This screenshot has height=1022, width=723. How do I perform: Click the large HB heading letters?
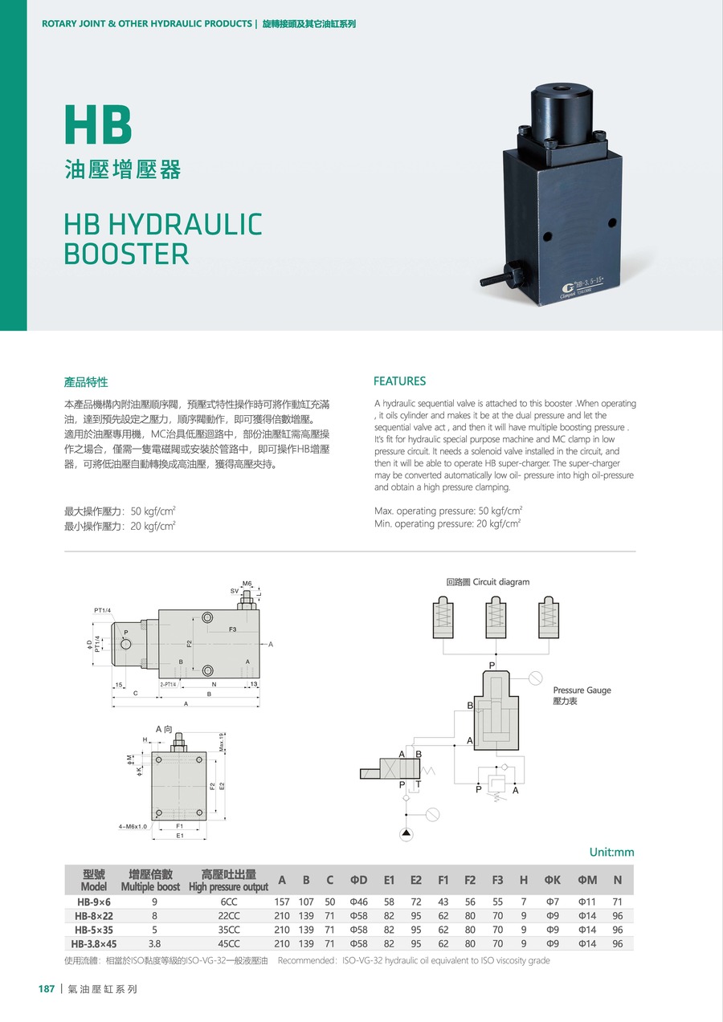pos(98,125)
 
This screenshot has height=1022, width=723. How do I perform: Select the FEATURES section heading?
pos(400,381)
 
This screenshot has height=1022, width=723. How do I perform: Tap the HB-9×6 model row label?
pos(94,902)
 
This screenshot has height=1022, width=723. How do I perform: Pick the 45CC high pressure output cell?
pos(228,944)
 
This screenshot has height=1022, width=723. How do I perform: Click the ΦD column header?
pos(358,881)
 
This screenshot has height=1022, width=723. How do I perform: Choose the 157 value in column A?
pos(282,902)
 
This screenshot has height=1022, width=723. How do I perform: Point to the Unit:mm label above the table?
pos(611,852)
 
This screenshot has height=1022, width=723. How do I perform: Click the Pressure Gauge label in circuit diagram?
pos(582,690)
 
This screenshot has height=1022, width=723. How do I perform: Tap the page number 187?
pos(47,989)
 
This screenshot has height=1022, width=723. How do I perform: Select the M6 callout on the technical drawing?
pos(247,584)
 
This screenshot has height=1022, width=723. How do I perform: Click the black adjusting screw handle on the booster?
pos(492,279)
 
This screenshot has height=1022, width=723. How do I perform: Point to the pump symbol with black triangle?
pos(406,834)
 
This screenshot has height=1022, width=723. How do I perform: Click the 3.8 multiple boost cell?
pos(154,944)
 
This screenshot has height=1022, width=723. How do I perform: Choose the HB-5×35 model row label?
pos(94,930)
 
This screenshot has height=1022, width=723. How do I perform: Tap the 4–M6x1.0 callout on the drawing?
pos(133,826)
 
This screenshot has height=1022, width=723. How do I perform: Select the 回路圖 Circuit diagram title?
pos(488,582)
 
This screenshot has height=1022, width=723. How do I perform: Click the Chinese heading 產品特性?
pos(86,381)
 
